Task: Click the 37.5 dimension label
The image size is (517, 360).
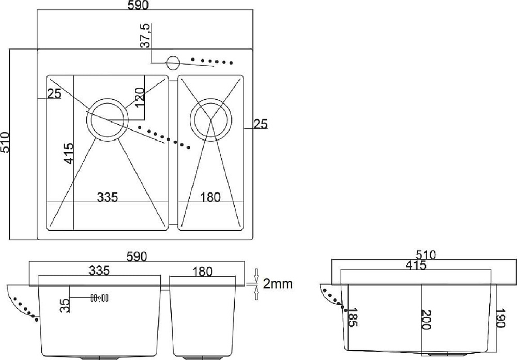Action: point(145,36)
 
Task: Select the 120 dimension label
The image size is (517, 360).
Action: point(140,97)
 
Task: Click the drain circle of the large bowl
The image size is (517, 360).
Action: point(107,102)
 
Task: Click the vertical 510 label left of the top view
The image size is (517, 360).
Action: point(5,142)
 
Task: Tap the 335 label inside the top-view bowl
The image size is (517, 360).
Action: point(108,197)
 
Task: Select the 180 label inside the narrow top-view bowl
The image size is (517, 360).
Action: point(210,197)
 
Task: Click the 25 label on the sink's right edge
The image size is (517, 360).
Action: point(261,124)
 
